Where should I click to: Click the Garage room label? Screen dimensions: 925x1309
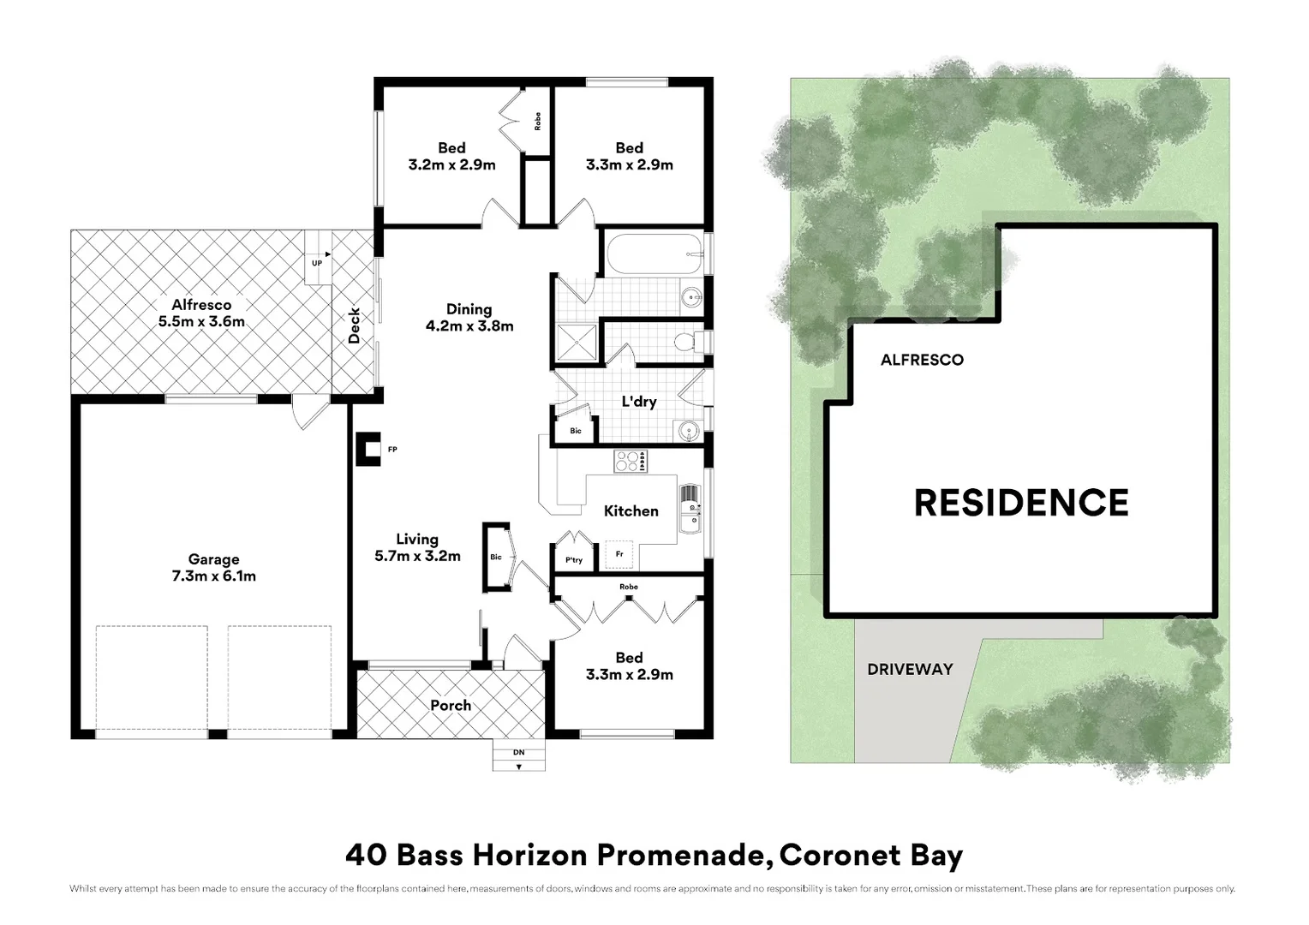pyautogui.click(x=213, y=568)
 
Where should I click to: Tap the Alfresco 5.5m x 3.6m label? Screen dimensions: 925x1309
pyautogui.click(x=201, y=313)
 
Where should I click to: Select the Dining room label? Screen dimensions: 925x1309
pyautogui.click(x=469, y=318)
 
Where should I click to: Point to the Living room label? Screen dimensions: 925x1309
pyautogui.click(x=417, y=547)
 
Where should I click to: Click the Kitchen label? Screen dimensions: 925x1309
pyautogui.click(x=631, y=511)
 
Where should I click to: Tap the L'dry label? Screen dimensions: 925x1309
pyautogui.click(x=638, y=401)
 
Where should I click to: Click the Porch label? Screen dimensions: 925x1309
pyautogui.click(x=451, y=706)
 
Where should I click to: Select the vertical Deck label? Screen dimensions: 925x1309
pyautogui.click(x=355, y=326)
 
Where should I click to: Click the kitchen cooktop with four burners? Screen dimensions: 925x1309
pyautogui.click(x=630, y=462)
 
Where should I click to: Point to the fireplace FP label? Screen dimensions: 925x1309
pyautogui.click(x=392, y=450)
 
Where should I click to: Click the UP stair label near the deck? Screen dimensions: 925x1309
pyautogui.click(x=317, y=263)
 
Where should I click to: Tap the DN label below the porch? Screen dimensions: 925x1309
pyautogui.click(x=518, y=753)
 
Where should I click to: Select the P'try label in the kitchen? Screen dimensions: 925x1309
pyautogui.click(x=574, y=560)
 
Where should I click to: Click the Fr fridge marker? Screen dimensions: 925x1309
pyautogui.click(x=619, y=554)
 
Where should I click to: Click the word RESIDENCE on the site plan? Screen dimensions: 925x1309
pyautogui.click(x=1021, y=503)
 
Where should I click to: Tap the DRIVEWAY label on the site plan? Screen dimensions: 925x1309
pyautogui.click(x=910, y=669)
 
